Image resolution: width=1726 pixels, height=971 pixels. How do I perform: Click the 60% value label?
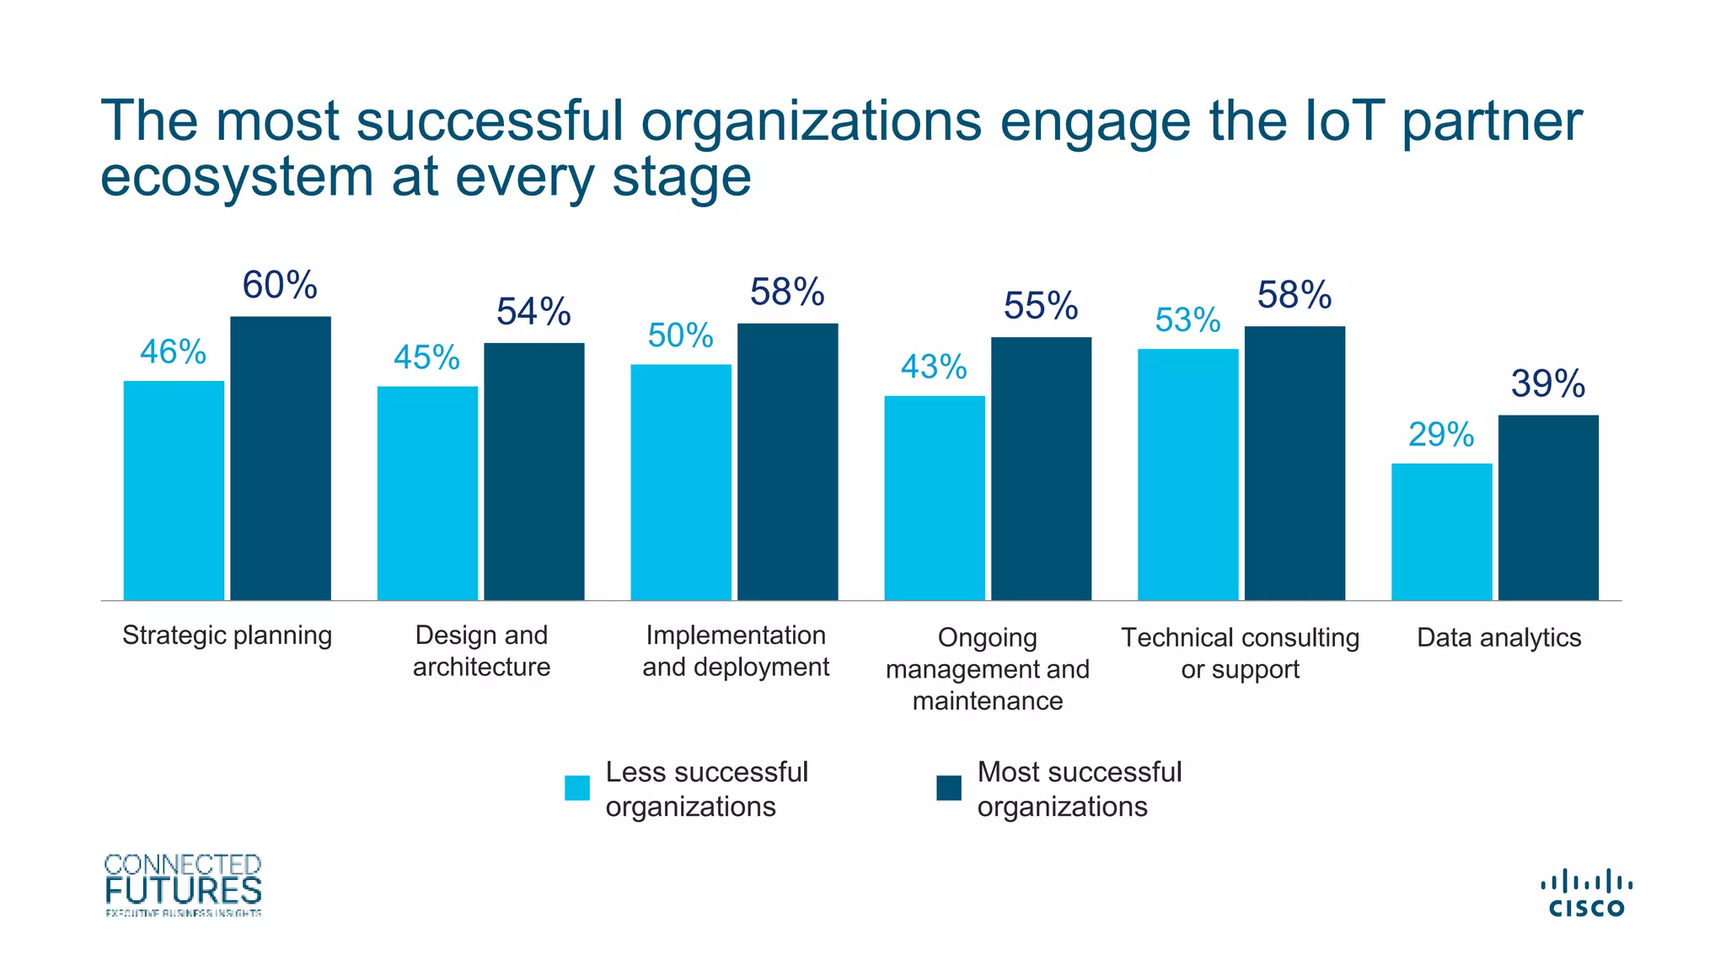tap(280, 286)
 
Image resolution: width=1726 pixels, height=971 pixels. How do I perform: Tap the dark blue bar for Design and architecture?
tap(533, 472)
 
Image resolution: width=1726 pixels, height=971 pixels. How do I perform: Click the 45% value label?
tap(426, 358)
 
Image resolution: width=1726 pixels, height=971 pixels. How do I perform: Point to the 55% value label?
tap(1041, 306)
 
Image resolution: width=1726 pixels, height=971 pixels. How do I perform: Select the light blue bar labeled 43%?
tap(934, 497)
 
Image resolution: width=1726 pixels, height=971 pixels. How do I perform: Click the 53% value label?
tap(1187, 321)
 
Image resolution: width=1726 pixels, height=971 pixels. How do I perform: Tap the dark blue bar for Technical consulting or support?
tap(1294, 464)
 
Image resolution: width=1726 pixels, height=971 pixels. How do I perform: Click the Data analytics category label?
tap(1498, 638)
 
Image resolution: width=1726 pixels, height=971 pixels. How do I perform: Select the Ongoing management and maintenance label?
tap(987, 669)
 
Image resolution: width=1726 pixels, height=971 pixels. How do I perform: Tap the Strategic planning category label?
tap(227, 636)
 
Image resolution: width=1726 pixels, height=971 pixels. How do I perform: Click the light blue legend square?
tap(577, 788)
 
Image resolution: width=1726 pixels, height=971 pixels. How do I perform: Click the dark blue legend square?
tap(949, 788)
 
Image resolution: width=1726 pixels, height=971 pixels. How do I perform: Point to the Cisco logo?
tap(1586, 894)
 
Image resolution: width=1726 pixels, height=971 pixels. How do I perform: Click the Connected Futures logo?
tap(183, 884)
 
